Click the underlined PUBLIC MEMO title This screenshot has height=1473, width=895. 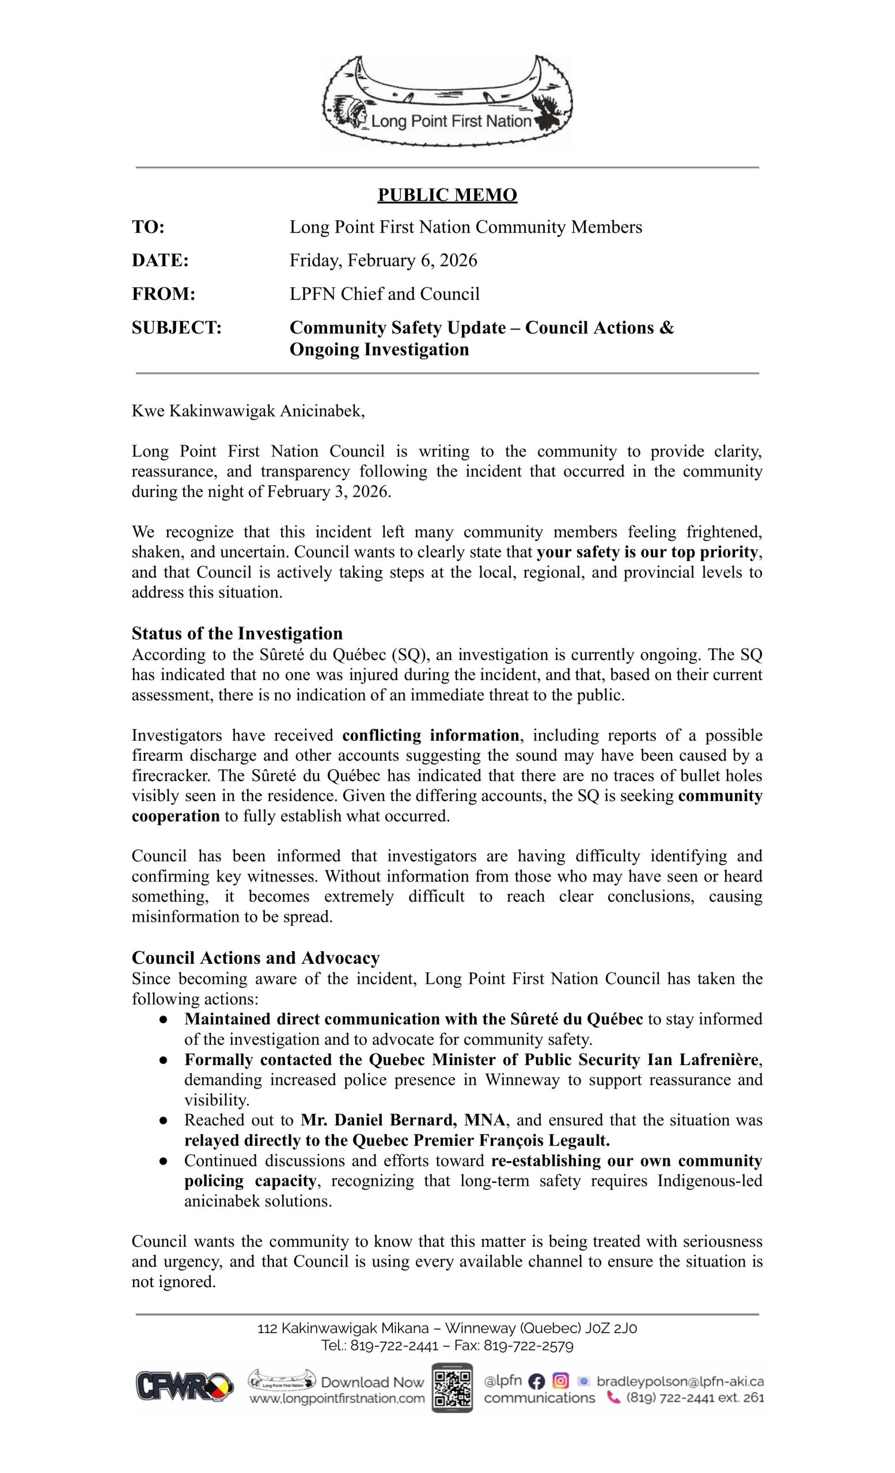(x=447, y=195)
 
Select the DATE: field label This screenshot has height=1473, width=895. (x=160, y=260)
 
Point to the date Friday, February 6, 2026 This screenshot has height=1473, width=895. (x=383, y=260)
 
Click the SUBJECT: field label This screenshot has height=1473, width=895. (x=176, y=327)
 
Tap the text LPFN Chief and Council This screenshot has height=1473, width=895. (x=384, y=293)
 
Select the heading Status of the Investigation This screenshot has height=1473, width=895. (x=237, y=633)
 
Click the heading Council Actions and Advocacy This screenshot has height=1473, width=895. (x=256, y=957)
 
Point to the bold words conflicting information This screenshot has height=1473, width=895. (x=431, y=735)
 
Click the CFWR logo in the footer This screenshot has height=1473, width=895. (x=184, y=1386)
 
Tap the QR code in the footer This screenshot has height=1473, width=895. (x=452, y=1387)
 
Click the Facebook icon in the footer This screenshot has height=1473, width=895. (x=537, y=1381)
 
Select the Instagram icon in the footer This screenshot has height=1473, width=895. (x=560, y=1381)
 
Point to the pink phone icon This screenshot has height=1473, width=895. (x=613, y=1398)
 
